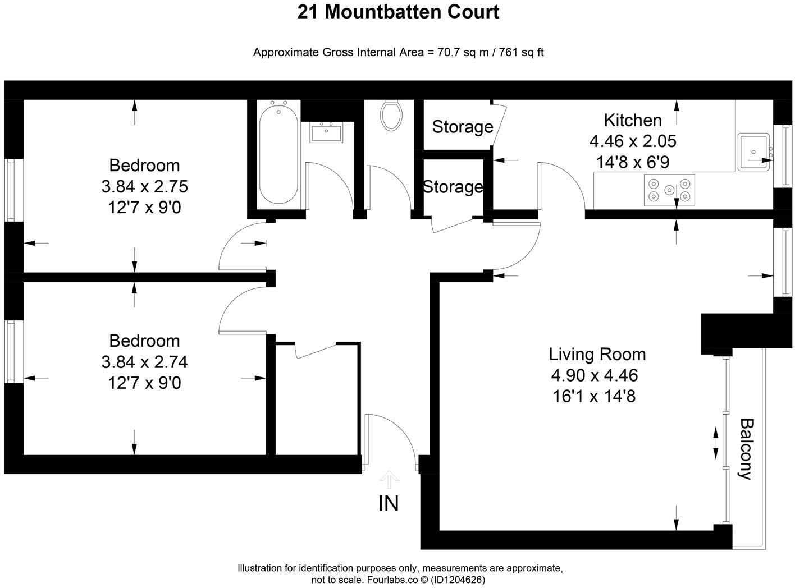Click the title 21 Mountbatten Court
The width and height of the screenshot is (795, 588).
point(397,12)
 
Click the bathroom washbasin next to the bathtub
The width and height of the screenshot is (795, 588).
point(326,133)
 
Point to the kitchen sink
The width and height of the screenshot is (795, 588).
point(753,151)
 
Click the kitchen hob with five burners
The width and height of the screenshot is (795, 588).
point(669,189)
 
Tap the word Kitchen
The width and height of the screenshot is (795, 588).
point(632,120)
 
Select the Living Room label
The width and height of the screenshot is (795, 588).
point(597,354)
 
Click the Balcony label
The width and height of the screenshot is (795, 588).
point(745,449)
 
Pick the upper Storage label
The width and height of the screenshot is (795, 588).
point(462,127)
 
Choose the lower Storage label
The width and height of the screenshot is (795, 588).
point(453,187)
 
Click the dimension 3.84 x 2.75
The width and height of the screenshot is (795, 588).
point(144,186)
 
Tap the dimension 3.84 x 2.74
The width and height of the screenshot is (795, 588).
point(144,362)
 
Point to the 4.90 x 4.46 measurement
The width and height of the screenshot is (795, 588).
point(595,375)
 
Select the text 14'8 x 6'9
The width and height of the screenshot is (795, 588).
point(632,162)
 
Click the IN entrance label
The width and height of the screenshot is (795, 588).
point(389,503)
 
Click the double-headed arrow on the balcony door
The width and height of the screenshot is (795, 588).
point(715,443)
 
